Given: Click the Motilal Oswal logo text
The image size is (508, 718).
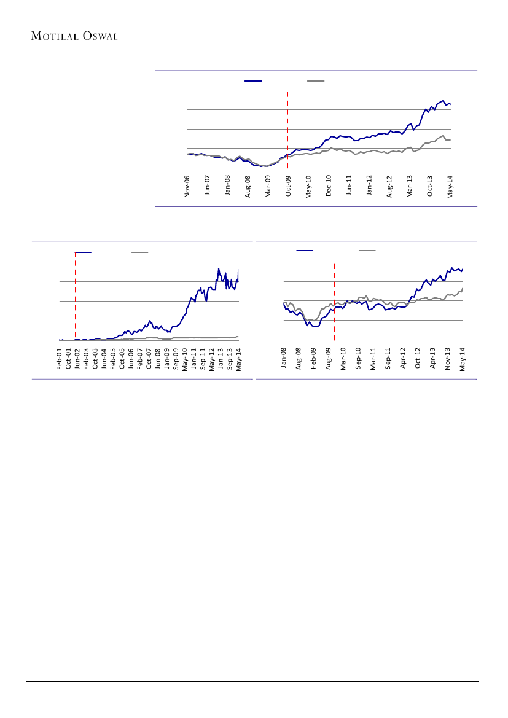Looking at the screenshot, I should coord(74,36).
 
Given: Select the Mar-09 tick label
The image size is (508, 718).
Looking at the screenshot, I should coord(268,185).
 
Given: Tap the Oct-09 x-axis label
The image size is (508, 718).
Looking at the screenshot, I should coord(289,185).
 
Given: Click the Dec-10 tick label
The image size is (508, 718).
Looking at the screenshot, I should coord(329,185).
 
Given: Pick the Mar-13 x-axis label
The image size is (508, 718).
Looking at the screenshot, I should coord(410,185).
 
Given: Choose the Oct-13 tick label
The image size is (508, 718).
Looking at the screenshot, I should coord(430,185).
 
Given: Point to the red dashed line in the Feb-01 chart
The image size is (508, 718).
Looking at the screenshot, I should coord(75,295).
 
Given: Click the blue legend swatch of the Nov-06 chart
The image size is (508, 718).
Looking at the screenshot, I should coord(253,80).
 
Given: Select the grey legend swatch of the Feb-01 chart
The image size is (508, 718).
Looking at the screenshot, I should coord(139,252).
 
